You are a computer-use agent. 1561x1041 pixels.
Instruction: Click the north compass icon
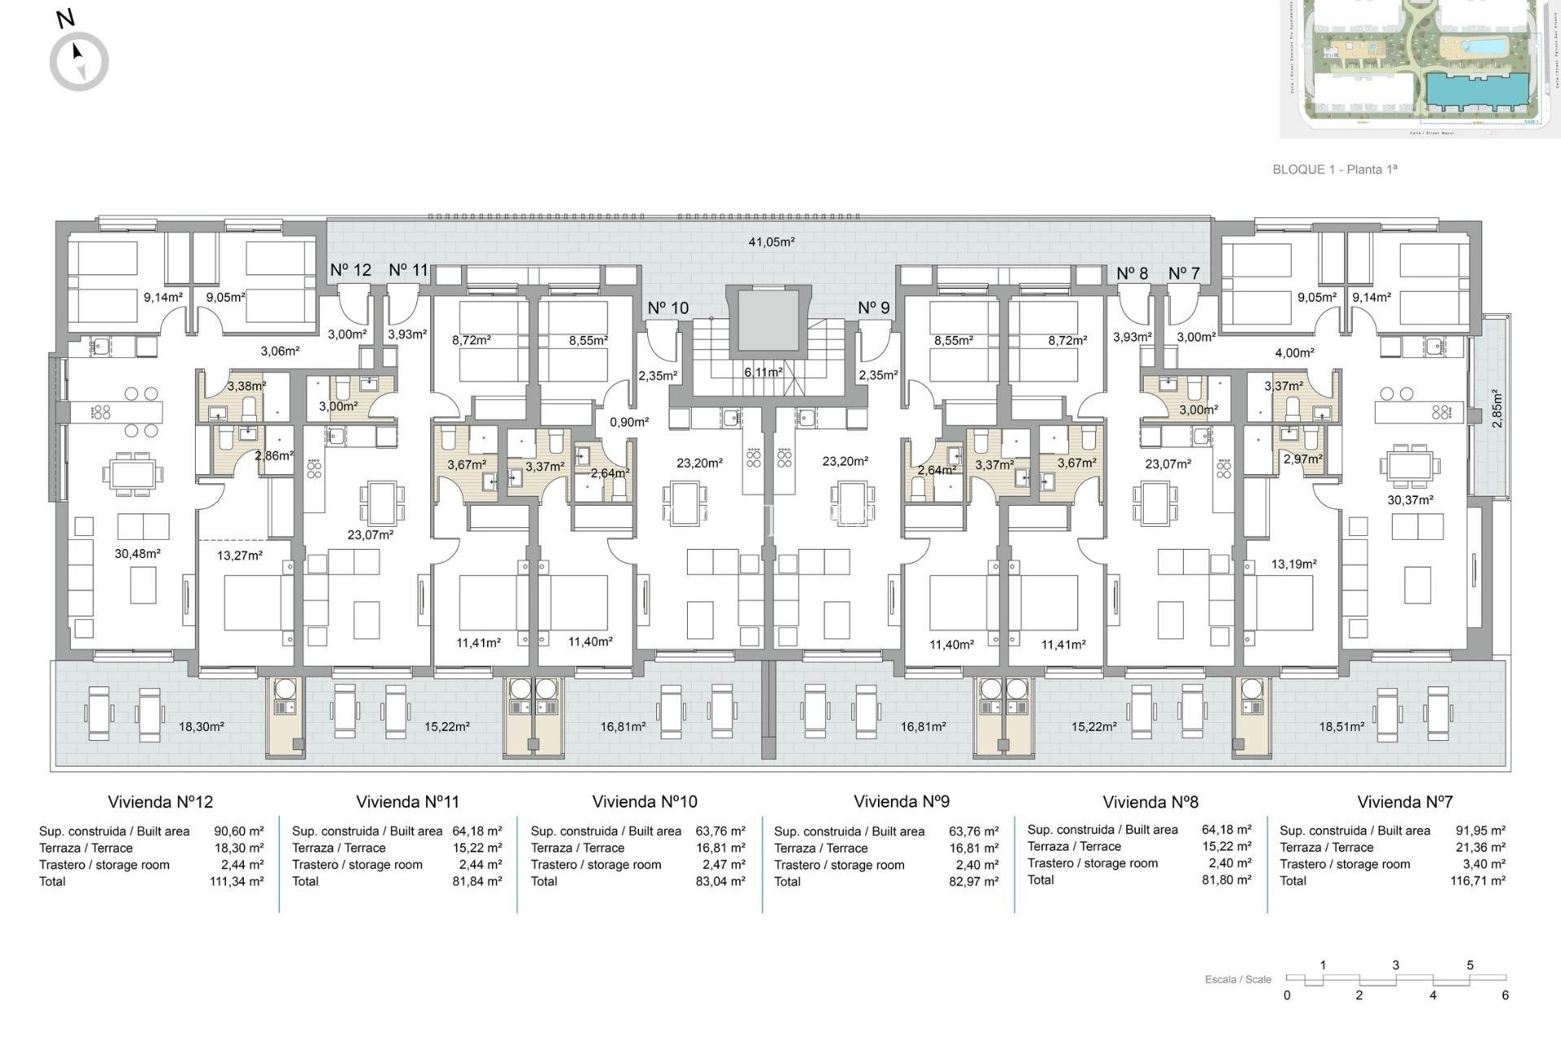click(x=79, y=61)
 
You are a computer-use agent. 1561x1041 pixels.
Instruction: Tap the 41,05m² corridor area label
click(x=771, y=242)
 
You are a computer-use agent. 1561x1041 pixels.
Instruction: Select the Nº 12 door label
click(x=350, y=270)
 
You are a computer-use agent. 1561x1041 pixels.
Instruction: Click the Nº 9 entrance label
click(x=874, y=307)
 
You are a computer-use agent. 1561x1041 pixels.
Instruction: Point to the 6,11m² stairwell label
click(x=763, y=372)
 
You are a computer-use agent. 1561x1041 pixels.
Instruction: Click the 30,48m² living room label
click(x=137, y=553)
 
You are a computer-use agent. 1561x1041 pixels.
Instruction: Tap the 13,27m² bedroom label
click(x=240, y=555)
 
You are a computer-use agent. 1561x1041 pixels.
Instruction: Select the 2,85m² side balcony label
click(x=1497, y=408)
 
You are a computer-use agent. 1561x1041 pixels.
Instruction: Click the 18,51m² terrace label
click(x=1341, y=726)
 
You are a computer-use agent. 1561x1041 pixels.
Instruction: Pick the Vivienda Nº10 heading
click(x=645, y=802)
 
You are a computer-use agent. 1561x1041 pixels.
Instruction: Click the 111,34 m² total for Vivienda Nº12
click(x=237, y=881)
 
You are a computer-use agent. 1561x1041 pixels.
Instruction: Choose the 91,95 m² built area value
click(x=1480, y=830)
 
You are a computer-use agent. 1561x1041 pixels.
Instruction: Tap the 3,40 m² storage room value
click(x=1485, y=864)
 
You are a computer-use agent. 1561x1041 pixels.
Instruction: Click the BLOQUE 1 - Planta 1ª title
click(x=1334, y=169)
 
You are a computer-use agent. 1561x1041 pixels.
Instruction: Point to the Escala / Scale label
click(x=1237, y=979)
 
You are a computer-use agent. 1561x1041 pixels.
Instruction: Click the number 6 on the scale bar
click(x=1505, y=995)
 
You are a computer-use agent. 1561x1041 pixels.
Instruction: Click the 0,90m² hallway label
click(x=629, y=422)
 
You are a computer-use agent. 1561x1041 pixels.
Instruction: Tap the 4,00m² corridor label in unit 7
click(x=1294, y=353)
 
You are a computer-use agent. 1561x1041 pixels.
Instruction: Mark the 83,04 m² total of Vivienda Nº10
click(x=720, y=881)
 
